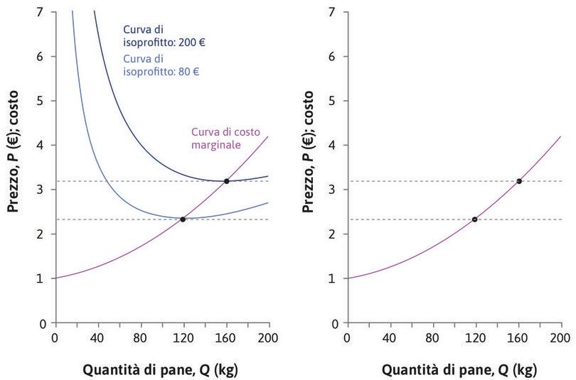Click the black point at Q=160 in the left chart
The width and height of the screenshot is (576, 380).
click(227, 181)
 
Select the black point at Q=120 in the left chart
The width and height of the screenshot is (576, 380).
click(183, 219)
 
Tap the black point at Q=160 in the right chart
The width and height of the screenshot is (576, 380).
click(519, 181)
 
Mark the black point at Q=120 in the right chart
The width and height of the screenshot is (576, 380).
click(474, 219)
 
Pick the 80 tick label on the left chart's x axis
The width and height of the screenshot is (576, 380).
click(140, 337)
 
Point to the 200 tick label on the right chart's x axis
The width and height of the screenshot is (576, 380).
click(560, 337)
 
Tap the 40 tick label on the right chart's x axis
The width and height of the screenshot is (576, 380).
click(389, 337)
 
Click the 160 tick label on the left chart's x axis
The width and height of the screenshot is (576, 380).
click(226, 337)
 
